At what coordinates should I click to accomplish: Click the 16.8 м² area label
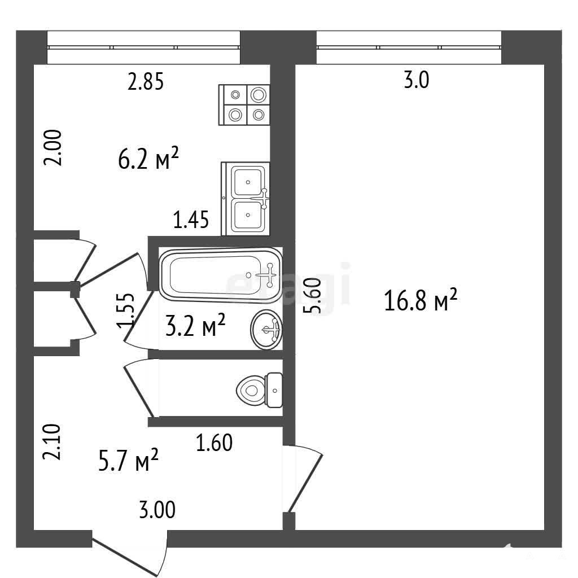pos(421,300)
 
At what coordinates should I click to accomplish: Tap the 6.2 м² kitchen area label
pos(148,158)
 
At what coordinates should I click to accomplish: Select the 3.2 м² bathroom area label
pos(195,325)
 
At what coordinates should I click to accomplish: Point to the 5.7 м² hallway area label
pos(128,459)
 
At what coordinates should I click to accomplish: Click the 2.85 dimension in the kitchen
pos(146,81)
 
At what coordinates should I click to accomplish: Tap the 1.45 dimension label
pos(191,220)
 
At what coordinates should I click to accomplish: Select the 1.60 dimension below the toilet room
pos(214,443)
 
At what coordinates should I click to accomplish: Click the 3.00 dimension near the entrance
pos(157,510)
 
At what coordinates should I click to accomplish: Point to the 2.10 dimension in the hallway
pos(51,441)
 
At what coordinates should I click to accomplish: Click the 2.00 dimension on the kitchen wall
pos(52,147)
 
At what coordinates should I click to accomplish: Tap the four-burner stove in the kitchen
pos(244,105)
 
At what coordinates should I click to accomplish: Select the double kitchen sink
pos(246,198)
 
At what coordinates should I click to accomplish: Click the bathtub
pos(220,275)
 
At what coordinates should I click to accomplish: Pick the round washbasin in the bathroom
pos(266,330)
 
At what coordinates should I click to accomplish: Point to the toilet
pos(259,390)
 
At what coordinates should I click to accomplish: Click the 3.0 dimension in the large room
pos(417,80)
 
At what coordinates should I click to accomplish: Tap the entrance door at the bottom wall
pos(130,554)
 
